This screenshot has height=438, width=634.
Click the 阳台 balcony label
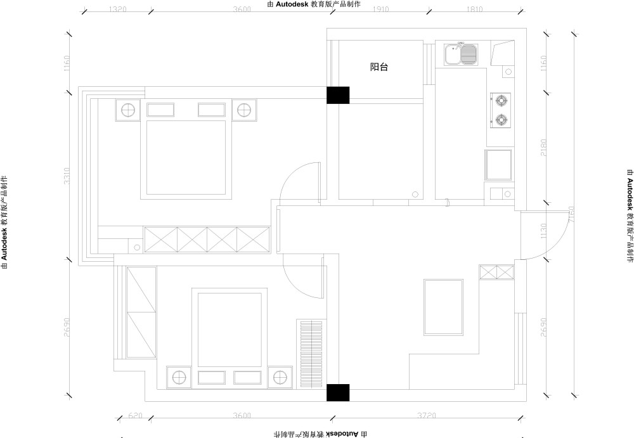click(x=378, y=67)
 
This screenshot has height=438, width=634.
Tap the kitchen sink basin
click(x=460, y=55)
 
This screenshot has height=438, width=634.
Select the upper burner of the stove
click(x=501, y=100)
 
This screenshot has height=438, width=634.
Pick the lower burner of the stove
click(x=501, y=119)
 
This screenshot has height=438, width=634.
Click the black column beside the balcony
click(x=337, y=95)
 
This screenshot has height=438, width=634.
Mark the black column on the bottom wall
click(x=337, y=393)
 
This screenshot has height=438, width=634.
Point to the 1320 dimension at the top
click(x=118, y=10)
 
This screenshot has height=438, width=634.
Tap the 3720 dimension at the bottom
click(x=426, y=416)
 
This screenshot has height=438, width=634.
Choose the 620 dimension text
click(x=136, y=416)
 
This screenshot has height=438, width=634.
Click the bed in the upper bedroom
click(x=186, y=157)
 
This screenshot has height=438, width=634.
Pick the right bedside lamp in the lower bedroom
click(x=279, y=377)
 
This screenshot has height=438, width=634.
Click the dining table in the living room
click(x=443, y=307)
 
